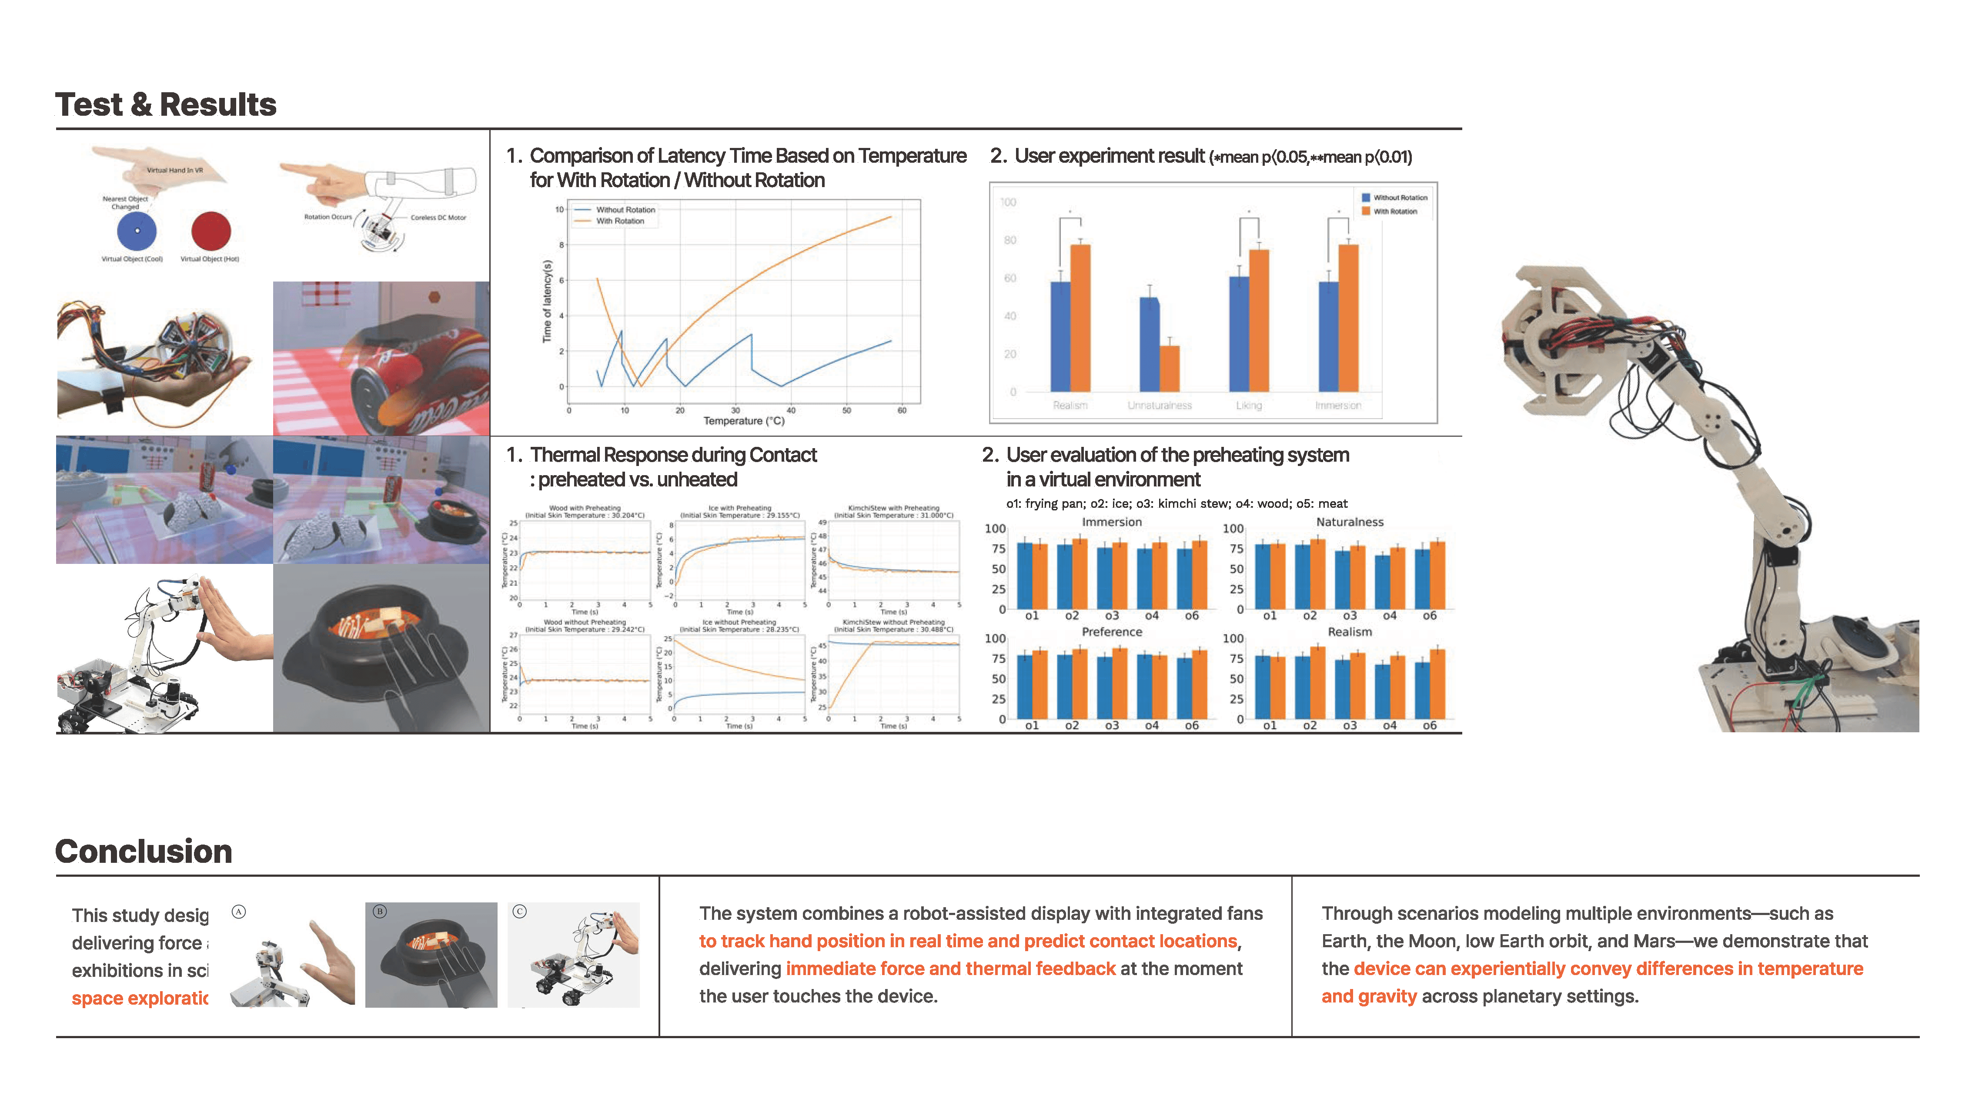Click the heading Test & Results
click(165, 104)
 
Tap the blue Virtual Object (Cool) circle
click(137, 231)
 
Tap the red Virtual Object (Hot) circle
click(211, 231)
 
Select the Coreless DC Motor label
click(438, 218)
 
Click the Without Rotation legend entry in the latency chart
click(625, 210)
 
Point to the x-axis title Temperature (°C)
click(743, 420)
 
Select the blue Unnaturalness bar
click(1149, 345)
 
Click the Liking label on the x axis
click(1249, 405)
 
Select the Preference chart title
click(1112, 632)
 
